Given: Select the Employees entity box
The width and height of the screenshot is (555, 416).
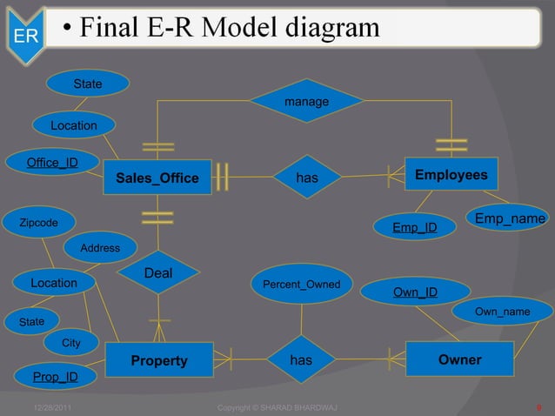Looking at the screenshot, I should click(x=451, y=175).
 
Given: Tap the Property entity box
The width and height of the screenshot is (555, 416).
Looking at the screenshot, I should click(x=158, y=360).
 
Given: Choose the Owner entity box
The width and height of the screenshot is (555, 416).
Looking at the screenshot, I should click(x=459, y=359).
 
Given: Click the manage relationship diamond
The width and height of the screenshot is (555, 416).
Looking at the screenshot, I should click(x=306, y=102).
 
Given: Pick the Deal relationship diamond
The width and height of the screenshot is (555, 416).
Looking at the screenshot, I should click(x=158, y=274).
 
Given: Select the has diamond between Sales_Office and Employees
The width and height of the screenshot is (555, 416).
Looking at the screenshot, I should click(x=306, y=178).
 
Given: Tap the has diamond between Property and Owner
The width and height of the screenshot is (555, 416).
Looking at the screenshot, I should click(x=301, y=359).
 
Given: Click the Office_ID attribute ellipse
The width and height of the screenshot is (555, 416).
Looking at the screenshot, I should click(x=51, y=163).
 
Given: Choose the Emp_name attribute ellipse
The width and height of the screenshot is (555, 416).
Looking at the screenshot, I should click(x=510, y=218).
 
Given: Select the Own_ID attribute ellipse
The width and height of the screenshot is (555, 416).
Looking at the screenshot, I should click(x=415, y=292).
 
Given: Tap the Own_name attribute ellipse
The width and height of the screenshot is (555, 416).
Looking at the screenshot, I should click(x=502, y=312).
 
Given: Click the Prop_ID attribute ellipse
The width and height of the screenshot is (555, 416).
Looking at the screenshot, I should click(x=55, y=377).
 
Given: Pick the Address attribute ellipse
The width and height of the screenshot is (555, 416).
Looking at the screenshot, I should click(x=100, y=248).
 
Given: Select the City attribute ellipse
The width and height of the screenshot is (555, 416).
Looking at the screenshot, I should click(x=71, y=343).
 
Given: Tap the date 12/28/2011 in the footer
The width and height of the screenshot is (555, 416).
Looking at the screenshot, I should click(x=52, y=407).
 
